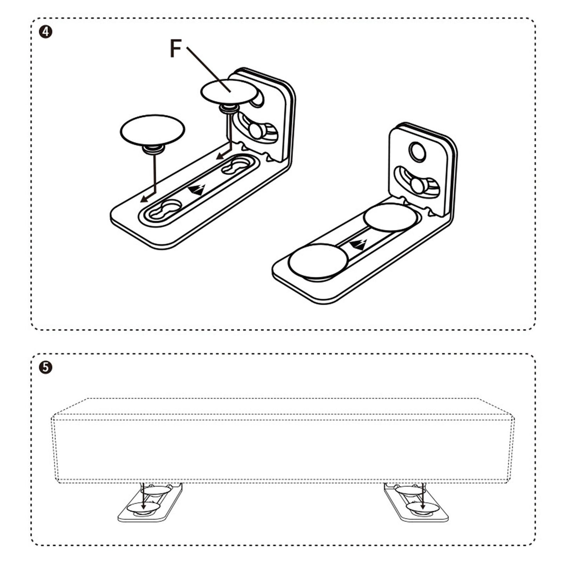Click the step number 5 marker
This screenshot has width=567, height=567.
pos(46,367)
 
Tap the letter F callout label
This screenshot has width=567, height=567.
pos(175,49)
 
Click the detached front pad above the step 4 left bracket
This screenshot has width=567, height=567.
pos(152,129)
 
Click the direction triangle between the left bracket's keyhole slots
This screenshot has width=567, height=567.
pos(196,190)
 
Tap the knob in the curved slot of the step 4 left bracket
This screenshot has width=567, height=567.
pos(256,131)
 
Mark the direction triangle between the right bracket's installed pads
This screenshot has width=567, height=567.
pos(358,244)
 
